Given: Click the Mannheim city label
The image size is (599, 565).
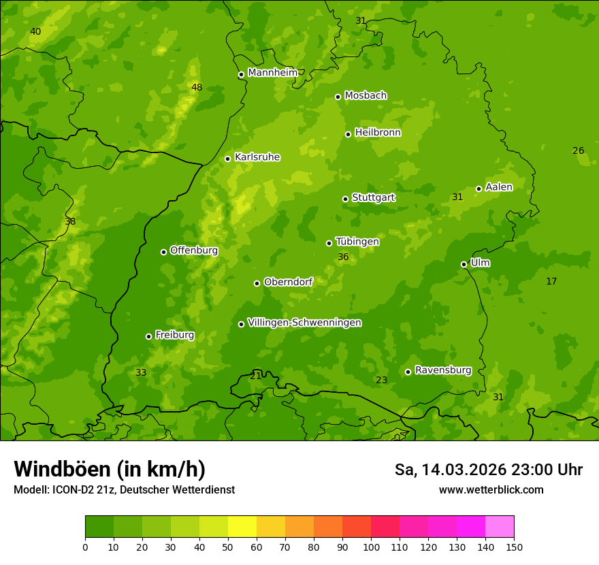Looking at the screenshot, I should pos(272,73).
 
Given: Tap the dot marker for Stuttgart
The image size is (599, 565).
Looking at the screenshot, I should pos(345,199).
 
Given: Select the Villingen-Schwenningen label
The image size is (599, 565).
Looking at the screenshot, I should pos(304,323).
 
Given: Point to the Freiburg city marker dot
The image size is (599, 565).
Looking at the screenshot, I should pos(148,336).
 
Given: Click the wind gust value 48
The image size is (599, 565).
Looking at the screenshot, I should pos(197,87).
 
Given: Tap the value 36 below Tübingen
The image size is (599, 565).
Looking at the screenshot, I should pos(343,257).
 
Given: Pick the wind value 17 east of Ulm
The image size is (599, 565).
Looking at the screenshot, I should pos(551,281).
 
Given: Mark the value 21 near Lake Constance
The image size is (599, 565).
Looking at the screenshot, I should pos(256,376).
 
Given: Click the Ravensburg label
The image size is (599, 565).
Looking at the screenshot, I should pos(443,370).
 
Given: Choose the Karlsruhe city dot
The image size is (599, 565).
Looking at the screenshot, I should pos(227,159).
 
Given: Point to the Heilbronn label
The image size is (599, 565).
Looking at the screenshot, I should pos(378,133).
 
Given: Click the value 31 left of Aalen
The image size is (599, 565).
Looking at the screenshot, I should pos(457,197).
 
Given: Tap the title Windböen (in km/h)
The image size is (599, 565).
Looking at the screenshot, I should pos(110,469).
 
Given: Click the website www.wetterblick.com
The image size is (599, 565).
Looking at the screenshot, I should pos(491,489).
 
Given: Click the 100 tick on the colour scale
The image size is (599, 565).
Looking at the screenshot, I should pos(371,547).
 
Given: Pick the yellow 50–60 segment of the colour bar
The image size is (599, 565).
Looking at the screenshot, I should pos(242,527).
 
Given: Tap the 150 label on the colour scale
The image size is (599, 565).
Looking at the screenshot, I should pos(514,547).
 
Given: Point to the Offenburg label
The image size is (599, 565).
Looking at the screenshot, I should pos(194,251).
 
